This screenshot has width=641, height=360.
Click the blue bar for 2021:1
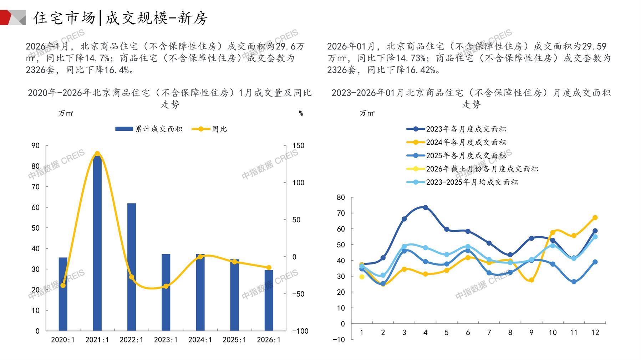pos(97,242)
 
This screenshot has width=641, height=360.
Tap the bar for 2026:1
pos(269,300)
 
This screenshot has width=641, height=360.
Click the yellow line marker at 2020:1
pos(63,285)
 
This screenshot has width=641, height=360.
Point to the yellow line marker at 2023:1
pos(166,286)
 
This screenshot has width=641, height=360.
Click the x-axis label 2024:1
pos(200,340)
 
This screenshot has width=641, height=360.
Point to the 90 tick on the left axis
pos(36,145)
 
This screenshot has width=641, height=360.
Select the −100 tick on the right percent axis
pos(300,331)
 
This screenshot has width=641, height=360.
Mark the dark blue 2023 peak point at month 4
pos(425,207)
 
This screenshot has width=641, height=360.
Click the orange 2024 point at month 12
pos(595,218)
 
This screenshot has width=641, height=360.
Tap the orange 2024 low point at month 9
pos(531,280)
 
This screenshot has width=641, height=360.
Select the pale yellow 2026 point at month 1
pos(362,277)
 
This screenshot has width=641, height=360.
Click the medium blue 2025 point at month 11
pos(574,282)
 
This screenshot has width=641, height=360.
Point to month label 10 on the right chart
pos(553,333)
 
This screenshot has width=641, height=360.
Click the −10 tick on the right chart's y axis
pos(339,339)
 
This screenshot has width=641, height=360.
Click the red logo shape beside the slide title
pos(6,17)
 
